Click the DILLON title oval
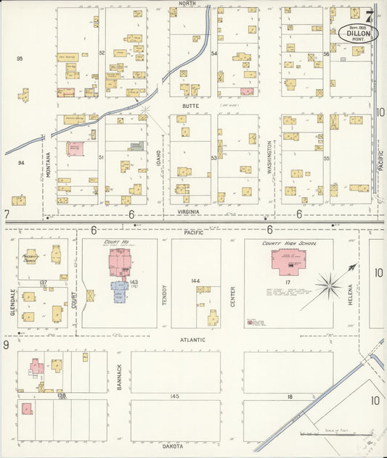[357, 33]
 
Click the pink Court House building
[120, 262]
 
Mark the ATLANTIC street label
[192, 339]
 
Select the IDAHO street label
[158, 159]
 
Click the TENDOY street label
[164, 293]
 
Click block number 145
[174, 396]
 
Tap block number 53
[214, 157]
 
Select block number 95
[20, 58]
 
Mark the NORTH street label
[187, 4]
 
